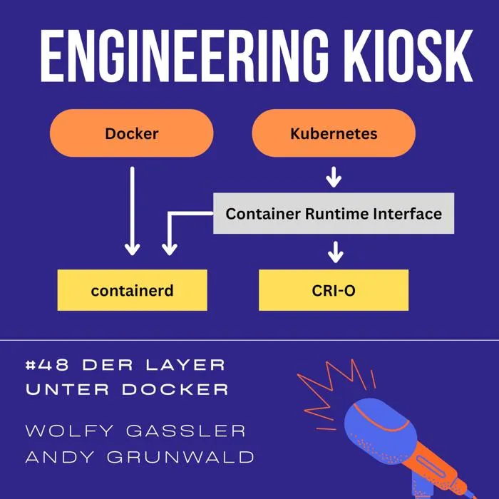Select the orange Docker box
click(132, 133)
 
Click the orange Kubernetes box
click(334, 133)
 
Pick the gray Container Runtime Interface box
click(334, 213)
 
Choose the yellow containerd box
click(132, 290)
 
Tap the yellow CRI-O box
click(334, 290)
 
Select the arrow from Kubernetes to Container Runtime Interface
click(334, 176)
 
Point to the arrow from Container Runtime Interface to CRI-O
click(334, 251)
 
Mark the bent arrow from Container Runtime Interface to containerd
click(170, 228)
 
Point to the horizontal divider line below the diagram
click(249, 340)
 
